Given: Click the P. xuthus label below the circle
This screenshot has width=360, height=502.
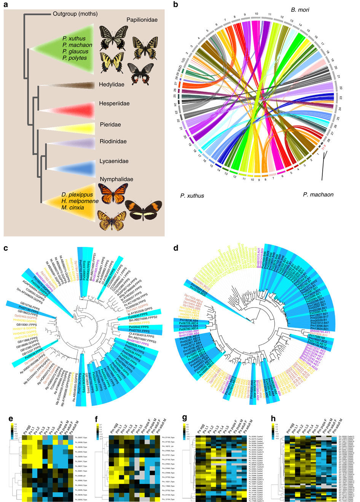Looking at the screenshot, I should [192, 196].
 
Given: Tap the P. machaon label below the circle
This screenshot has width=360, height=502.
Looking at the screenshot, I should [318, 194].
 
